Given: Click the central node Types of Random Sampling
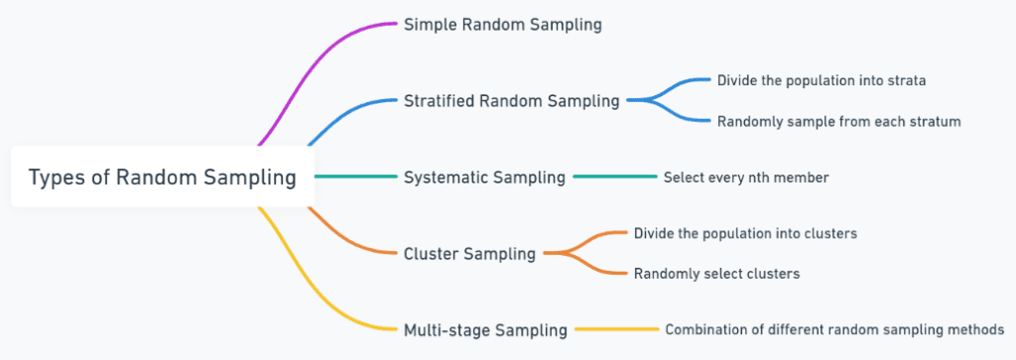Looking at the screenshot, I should pyautogui.click(x=162, y=178).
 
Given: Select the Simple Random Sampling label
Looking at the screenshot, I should pyautogui.click(x=502, y=25).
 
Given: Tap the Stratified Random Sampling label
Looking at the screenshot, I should pyautogui.click(x=511, y=100).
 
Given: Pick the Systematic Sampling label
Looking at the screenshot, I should pyautogui.click(x=484, y=178).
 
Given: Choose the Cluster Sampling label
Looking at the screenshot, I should pyautogui.click(x=469, y=254).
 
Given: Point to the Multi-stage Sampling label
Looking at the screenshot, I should pyautogui.click(x=485, y=329).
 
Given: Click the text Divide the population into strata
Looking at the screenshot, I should pyautogui.click(x=822, y=79).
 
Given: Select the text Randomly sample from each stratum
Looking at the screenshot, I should pyautogui.click(x=839, y=121).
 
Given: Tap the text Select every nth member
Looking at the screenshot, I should pyautogui.click(x=745, y=178).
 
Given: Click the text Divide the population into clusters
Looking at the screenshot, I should pyautogui.click(x=745, y=234).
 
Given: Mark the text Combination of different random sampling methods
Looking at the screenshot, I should pyautogui.click(x=833, y=329).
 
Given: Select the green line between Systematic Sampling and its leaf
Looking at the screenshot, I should pyautogui.click(x=615, y=177).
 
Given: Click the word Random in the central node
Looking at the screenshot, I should pyautogui.click(x=150, y=178).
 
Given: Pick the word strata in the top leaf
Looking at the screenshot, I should pyautogui.click(x=905, y=79).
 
